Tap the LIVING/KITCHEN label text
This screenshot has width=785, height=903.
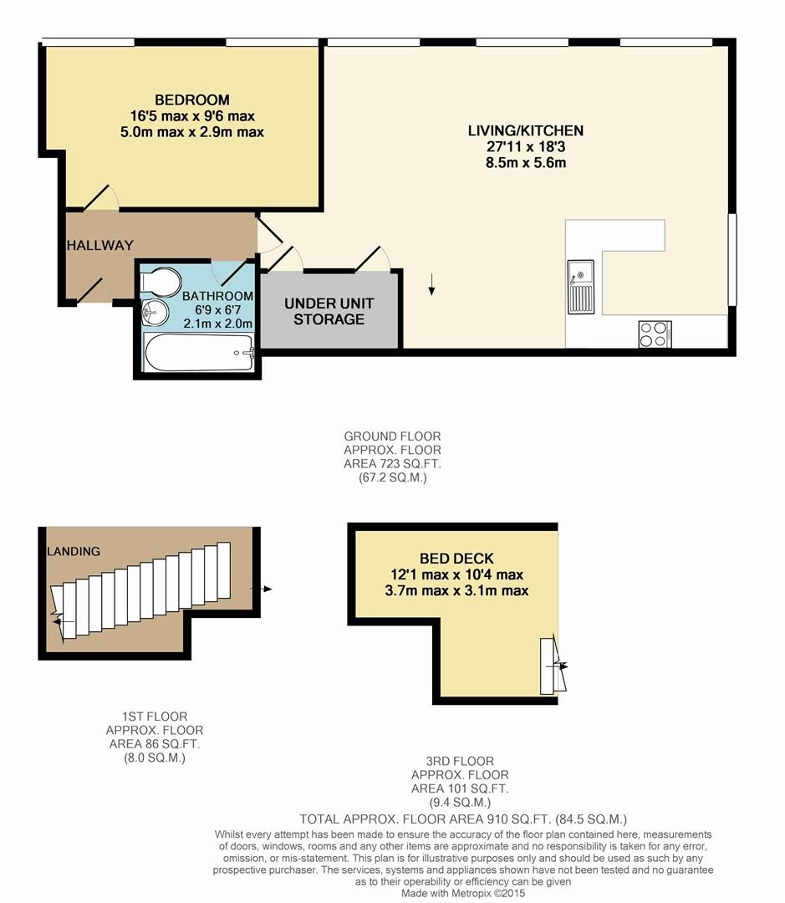(x=525, y=130)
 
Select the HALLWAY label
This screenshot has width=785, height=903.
(x=99, y=246)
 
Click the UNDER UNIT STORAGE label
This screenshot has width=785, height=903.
(x=329, y=311)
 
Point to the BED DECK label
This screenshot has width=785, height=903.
(x=456, y=559)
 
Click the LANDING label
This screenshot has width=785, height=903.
(x=74, y=551)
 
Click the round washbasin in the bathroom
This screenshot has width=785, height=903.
(x=155, y=314)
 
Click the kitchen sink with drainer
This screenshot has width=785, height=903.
(x=580, y=286)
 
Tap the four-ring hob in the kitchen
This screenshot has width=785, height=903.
(x=654, y=334)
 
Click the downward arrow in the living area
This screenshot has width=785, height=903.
(x=431, y=284)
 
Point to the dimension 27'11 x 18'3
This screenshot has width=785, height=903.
(x=525, y=146)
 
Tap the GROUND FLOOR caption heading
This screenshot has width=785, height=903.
(x=392, y=436)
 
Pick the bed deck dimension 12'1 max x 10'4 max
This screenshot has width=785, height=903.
(x=456, y=574)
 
